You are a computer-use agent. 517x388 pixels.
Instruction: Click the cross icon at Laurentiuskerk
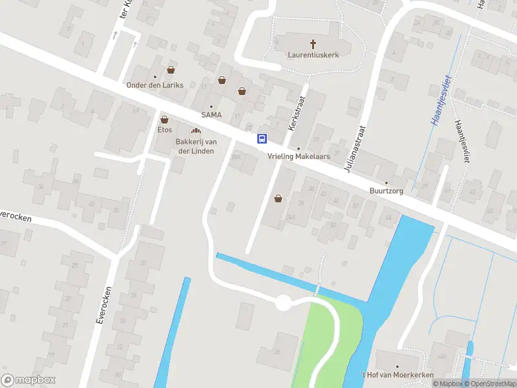coord(313,44)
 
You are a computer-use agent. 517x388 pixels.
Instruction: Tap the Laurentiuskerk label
coord(313,55)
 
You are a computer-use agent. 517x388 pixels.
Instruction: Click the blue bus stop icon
coord(262,138)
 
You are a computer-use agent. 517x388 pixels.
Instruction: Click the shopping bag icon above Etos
coord(164,120)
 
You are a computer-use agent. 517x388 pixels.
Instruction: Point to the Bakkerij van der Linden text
coord(195,146)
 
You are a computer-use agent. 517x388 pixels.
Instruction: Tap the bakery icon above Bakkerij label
coord(195,132)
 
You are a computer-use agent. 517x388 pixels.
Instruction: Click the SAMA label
coord(211,114)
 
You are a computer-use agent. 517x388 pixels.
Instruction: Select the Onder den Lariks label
coord(155,85)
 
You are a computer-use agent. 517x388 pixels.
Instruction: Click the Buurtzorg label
coord(386,191)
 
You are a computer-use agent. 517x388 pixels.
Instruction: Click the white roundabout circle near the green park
coord(282,303)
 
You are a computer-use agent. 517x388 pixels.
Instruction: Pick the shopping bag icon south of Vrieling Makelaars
coord(279,199)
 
